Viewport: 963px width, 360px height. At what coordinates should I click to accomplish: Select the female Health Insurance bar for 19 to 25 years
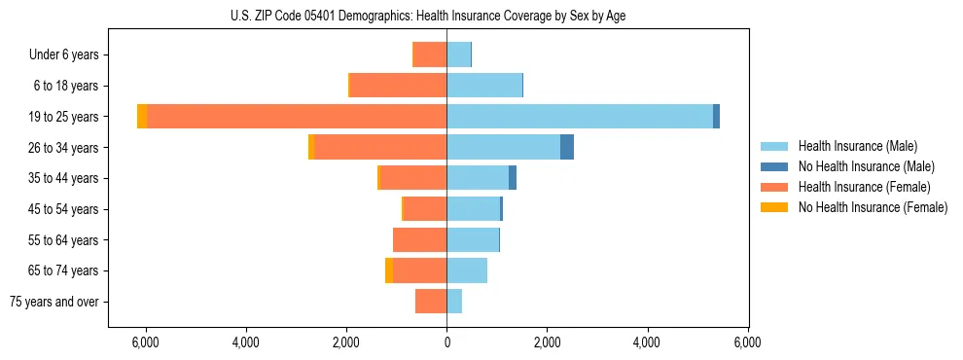(297, 117)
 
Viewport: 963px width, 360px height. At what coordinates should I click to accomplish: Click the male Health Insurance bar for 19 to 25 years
(580, 117)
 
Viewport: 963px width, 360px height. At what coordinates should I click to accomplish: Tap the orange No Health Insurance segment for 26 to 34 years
(311, 147)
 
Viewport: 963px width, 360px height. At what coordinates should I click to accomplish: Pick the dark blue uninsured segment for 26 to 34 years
(566, 147)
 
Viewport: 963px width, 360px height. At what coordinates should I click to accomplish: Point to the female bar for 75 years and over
(431, 302)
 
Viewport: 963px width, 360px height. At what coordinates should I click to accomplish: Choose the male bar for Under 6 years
(458, 54)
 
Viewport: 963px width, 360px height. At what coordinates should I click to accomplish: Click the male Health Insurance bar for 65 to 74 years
(467, 270)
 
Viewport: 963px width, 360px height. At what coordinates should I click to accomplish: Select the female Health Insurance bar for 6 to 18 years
(398, 86)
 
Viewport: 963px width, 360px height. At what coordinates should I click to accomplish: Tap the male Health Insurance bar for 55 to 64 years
(473, 239)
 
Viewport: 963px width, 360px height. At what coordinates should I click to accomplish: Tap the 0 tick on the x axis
(446, 342)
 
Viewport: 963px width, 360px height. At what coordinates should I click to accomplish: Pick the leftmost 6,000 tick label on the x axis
(145, 342)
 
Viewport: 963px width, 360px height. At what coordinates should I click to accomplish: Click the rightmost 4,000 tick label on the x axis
(647, 342)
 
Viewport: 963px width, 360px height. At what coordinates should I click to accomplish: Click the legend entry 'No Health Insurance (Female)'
(873, 207)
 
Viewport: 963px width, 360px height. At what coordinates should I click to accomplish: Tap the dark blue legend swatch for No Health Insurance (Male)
(774, 166)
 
